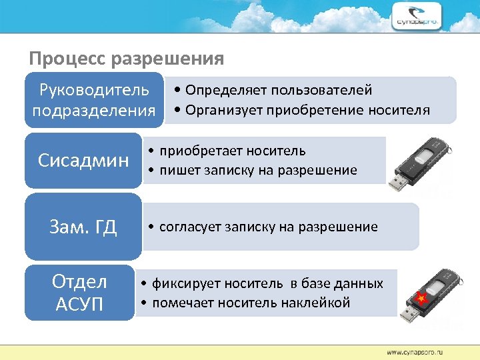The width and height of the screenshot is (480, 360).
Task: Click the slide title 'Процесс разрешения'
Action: click(126, 59)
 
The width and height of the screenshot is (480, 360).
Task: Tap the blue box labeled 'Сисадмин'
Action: click(83, 161)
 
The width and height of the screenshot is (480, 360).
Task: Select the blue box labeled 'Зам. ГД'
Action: click(83, 227)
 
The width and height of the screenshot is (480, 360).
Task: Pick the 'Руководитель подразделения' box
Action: click(94, 99)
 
